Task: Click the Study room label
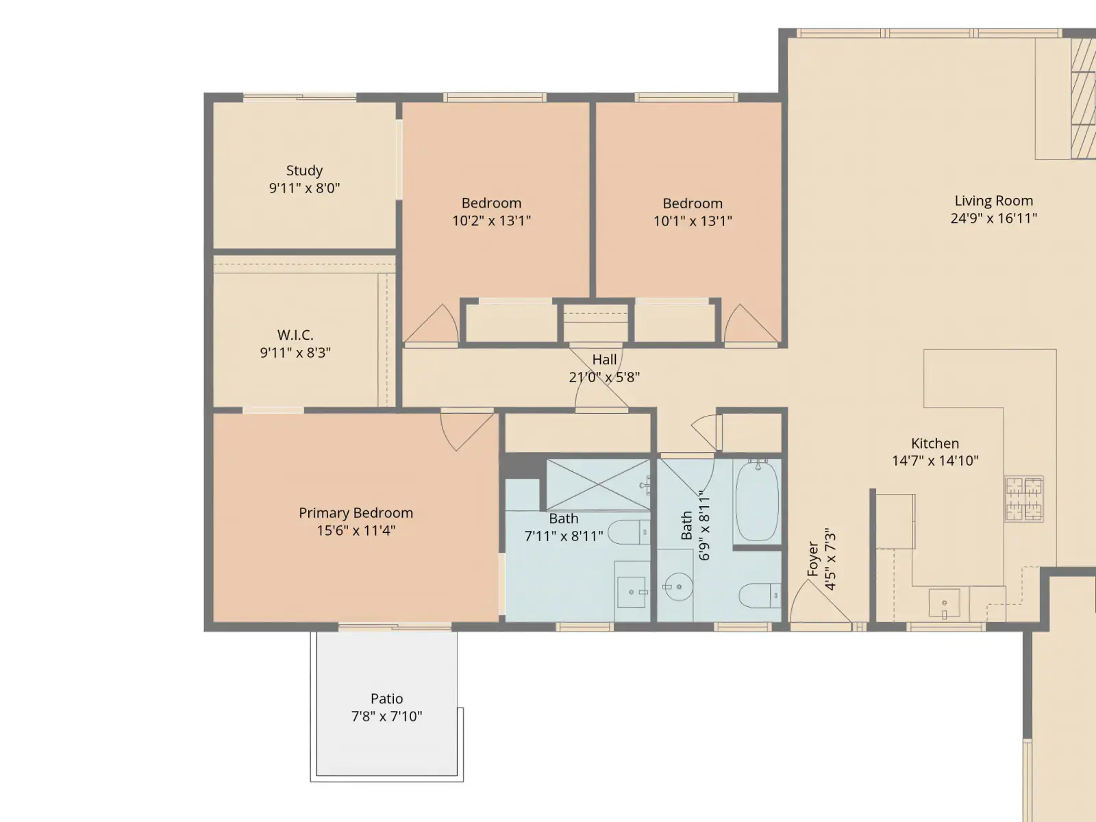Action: (304, 170)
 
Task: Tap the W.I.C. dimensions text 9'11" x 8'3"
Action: (295, 352)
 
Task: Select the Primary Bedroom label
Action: (356, 512)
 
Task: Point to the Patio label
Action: (386, 698)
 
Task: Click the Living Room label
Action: (994, 201)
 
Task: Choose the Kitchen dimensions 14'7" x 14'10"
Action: (935, 460)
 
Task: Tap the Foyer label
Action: (813, 559)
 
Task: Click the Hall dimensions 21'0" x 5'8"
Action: (604, 377)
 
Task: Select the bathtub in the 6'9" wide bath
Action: (757, 501)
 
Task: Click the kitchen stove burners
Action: (1024, 499)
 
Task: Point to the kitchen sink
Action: (944, 603)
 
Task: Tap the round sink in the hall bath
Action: (679, 587)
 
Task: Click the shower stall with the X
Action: (599, 484)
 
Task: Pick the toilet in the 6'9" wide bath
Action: (760, 595)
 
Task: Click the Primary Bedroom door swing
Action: (466, 430)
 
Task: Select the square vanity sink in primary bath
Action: (631, 592)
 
